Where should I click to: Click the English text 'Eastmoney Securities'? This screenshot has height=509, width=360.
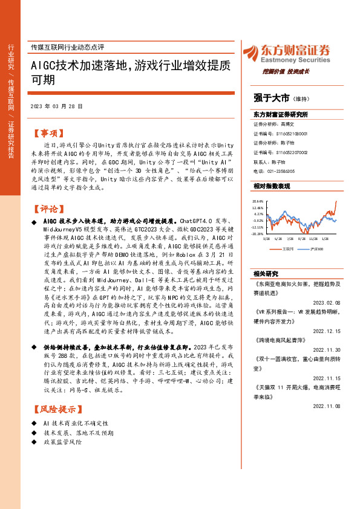tap(294, 60)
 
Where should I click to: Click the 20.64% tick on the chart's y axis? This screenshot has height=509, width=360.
tap(258, 201)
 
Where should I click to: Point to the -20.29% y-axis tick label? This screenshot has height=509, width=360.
tap(258, 233)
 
